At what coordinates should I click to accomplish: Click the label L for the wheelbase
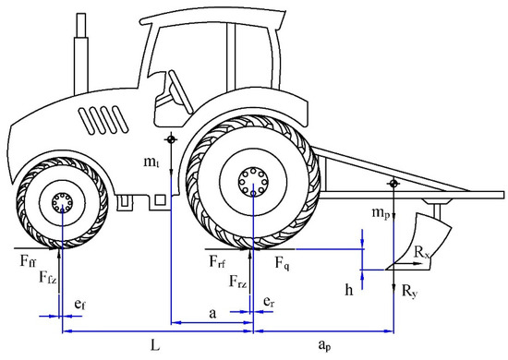pyautogui.click(x=155, y=346)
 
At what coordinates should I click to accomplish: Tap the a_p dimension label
pyautogui.click(x=324, y=345)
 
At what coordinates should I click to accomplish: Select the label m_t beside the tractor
pyautogui.click(x=151, y=162)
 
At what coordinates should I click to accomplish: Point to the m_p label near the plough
pyautogui.click(x=381, y=213)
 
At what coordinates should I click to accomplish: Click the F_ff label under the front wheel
pyautogui.click(x=29, y=260)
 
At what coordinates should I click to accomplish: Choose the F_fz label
pyautogui.click(x=48, y=278)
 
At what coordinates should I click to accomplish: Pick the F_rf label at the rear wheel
pyautogui.click(x=217, y=261)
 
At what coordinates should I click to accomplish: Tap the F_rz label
pyautogui.click(x=238, y=282)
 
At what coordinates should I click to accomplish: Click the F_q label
pyautogui.click(x=283, y=262)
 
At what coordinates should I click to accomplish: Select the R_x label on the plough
pyautogui.click(x=421, y=252)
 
